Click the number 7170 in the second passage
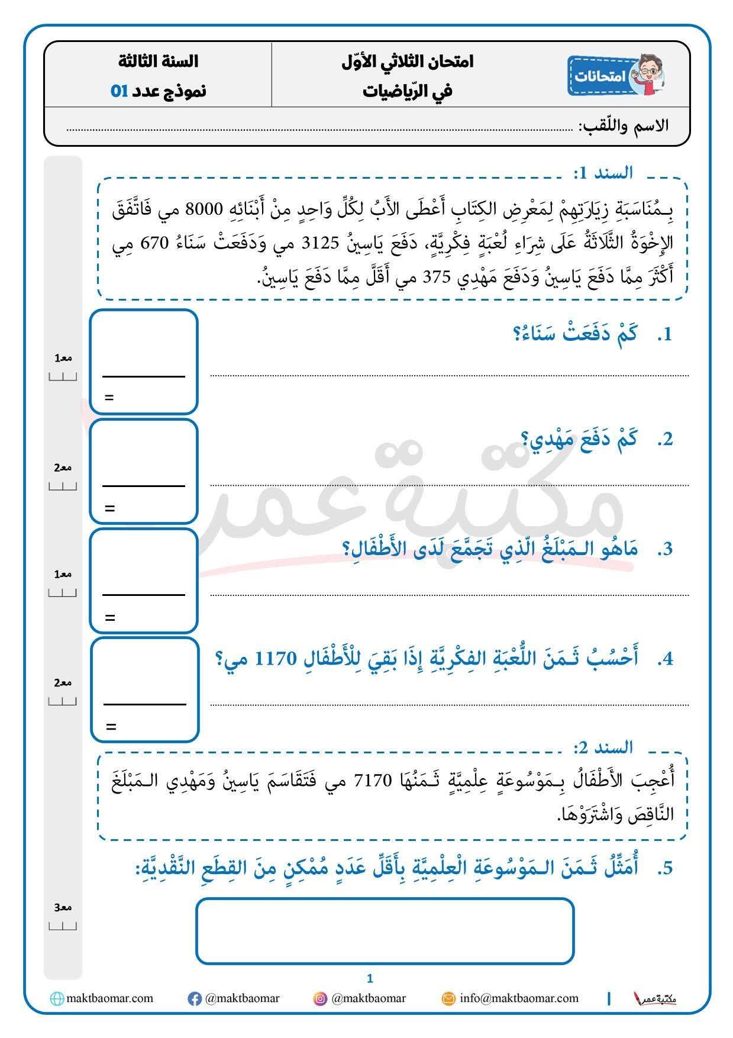(x=373, y=781)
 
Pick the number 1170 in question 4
(x=275, y=659)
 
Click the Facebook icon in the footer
(x=194, y=999)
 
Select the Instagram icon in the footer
(x=320, y=999)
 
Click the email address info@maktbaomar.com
(x=519, y=998)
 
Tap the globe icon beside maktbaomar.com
(x=57, y=999)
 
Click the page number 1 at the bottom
(x=370, y=979)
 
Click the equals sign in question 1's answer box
(x=109, y=398)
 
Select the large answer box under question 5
(x=385, y=931)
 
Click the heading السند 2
(x=603, y=747)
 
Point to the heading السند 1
(x=603, y=173)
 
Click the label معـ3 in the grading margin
(x=63, y=907)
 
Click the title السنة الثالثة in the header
(x=158, y=61)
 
